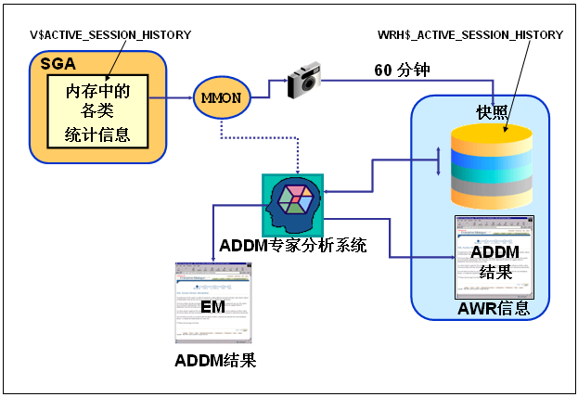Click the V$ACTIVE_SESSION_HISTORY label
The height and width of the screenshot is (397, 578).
coord(110,34)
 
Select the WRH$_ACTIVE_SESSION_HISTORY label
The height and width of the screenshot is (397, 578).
coord(470,34)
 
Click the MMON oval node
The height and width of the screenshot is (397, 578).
coord(222,97)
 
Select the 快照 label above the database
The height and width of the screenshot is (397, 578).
coord(492,111)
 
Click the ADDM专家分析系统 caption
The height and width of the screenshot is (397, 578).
coord(293,246)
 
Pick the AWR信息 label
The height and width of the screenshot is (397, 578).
coord(494,309)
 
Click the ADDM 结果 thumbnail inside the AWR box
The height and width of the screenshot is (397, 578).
coord(493,256)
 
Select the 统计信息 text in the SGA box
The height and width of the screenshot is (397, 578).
coord(104,135)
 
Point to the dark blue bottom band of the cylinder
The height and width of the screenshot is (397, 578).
coord(492,198)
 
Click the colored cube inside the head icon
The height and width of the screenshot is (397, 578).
coord(298,198)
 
